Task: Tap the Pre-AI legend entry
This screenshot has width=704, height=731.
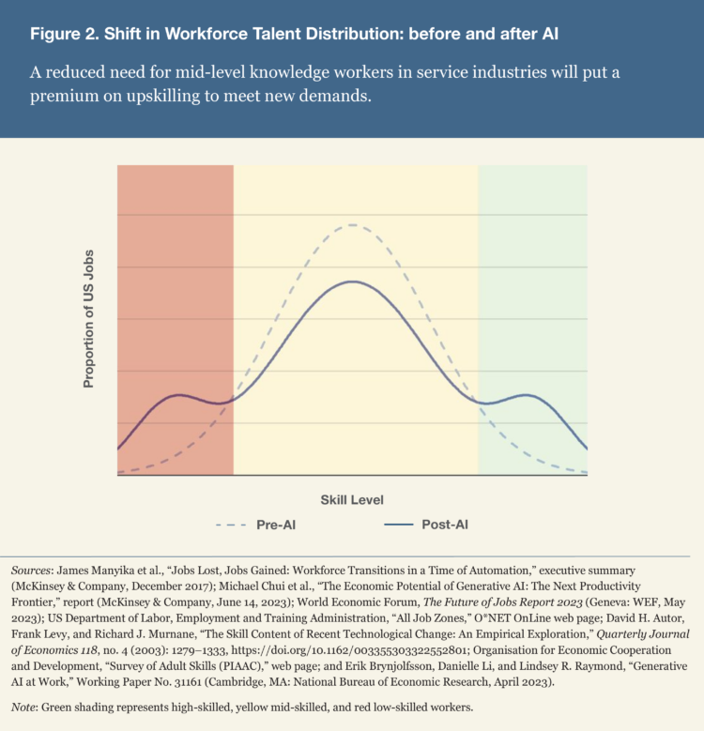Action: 259,525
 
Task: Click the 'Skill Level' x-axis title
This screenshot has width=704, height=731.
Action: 352,500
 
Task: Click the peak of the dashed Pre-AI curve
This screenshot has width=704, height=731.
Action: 352,225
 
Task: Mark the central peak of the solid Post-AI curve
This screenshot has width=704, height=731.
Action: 352,282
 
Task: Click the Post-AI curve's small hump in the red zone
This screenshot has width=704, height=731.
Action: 178,395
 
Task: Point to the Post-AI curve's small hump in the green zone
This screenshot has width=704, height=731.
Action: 527,395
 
